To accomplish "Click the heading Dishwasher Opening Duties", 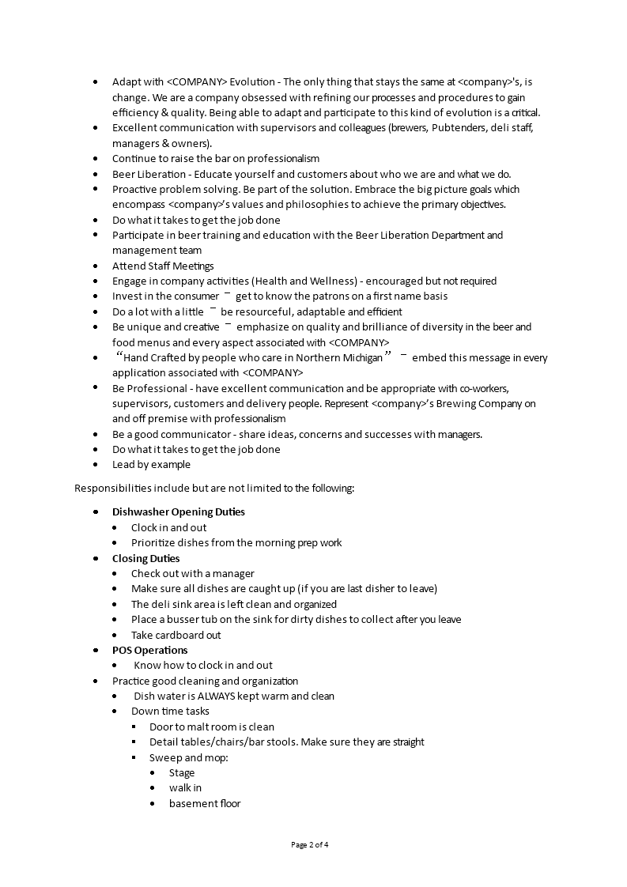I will [178, 511].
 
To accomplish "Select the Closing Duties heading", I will [145, 558].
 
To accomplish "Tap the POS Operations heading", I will [149, 650].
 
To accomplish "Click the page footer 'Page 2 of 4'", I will [309, 844].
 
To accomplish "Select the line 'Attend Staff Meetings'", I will [163, 266].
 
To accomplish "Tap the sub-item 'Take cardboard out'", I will [176, 635].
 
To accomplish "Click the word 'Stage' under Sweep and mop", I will [181, 772].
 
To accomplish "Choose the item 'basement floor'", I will [204, 803].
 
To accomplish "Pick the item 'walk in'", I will [185, 787].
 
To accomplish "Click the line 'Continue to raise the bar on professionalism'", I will [216, 158].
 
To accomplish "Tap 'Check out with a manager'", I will [192, 573].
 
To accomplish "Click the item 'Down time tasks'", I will [170, 711].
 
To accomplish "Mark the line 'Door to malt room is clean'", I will [212, 727].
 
